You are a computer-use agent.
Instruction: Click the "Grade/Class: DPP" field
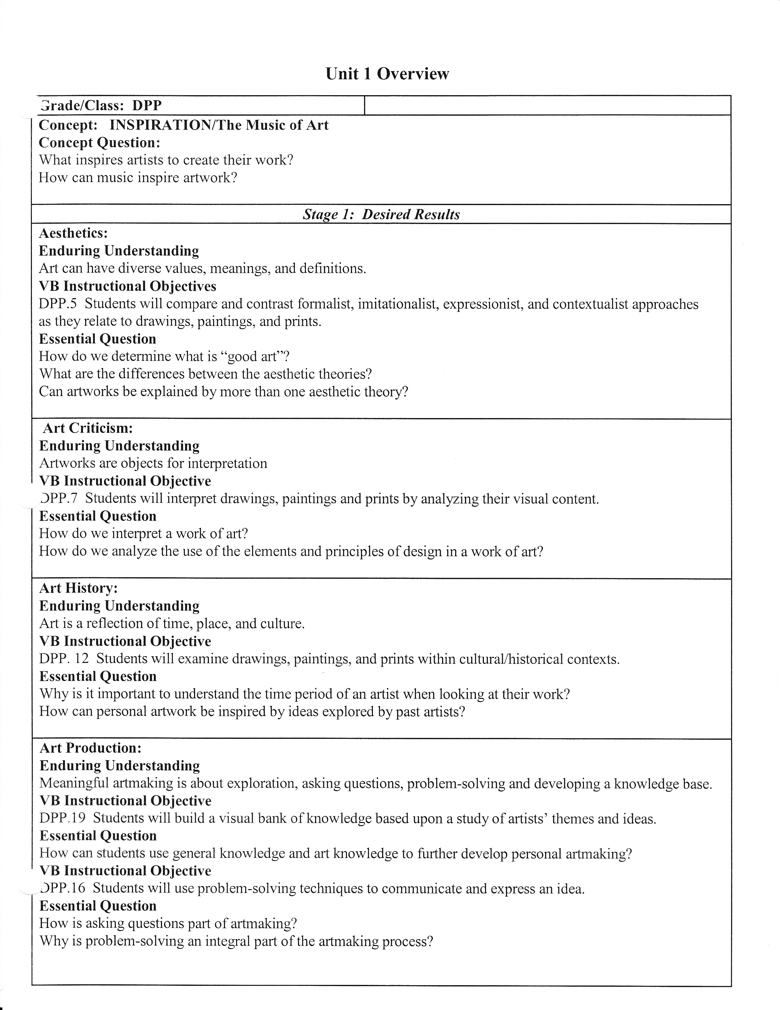click(x=100, y=106)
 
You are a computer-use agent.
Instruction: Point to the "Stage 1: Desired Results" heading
click(x=381, y=215)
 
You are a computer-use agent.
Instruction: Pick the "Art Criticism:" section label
click(x=88, y=428)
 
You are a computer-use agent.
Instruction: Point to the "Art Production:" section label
click(x=91, y=748)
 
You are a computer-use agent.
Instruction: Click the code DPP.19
click(x=62, y=818)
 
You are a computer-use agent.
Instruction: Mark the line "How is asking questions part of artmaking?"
click(x=168, y=923)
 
